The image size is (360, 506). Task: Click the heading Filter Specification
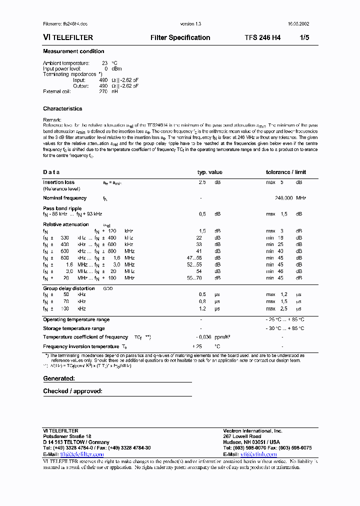(x=180, y=37)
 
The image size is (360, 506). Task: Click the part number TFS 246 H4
(x=262, y=37)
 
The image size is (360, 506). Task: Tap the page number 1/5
(x=304, y=37)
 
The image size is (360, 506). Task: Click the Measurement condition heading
(x=73, y=51)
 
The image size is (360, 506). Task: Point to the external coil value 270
(x=103, y=91)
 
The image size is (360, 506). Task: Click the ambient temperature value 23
(x=104, y=63)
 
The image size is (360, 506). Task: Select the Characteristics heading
(x=62, y=108)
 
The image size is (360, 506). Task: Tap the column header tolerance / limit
(x=285, y=172)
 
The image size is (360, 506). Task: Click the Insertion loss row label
(x=58, y=182)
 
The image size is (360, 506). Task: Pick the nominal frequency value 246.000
(x=283, y=198)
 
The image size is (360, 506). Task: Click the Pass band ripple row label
(x=62, y=208)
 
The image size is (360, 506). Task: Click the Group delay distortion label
(x=68, y=288)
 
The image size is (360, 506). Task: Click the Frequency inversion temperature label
(x=81, y=346)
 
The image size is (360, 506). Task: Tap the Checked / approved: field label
(x=72, y=391)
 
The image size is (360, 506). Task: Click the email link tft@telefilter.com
(x=81, y=454)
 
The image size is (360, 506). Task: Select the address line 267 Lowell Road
(x=242, y=436)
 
